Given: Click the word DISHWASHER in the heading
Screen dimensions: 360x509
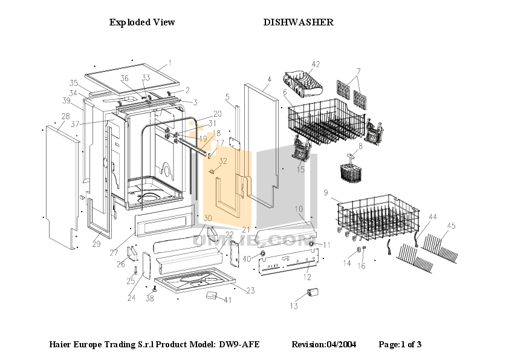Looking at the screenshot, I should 298,22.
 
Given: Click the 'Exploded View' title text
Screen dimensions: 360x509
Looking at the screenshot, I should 142,22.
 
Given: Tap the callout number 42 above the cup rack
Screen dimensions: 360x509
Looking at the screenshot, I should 315,64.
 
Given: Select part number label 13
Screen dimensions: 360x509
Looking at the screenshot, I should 293,306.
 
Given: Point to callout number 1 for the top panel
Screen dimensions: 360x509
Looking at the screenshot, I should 170,63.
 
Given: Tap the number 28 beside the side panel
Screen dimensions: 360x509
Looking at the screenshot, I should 65,116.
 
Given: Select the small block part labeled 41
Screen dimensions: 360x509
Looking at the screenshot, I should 212,295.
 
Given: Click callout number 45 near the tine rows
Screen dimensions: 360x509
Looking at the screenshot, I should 451,226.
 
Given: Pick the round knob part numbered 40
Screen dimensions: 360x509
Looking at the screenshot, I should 263,252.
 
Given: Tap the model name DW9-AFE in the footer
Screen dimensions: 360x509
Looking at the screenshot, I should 239,344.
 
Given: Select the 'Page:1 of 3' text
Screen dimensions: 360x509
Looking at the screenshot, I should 400,344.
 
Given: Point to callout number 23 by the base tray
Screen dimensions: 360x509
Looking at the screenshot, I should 250,291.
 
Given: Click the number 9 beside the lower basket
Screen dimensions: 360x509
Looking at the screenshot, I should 325,193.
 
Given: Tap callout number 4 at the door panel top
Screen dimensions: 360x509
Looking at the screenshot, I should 269,79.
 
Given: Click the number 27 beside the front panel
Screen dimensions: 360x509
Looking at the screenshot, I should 114,254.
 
